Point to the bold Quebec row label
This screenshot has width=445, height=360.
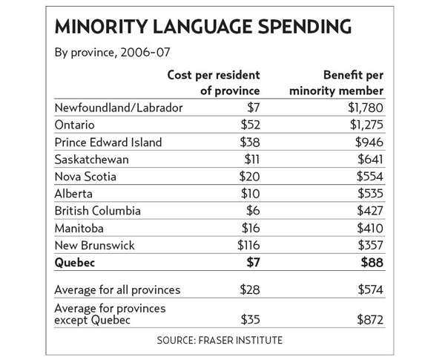click(x=77, y=262)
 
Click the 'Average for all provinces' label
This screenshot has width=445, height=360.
click(x=119, y=289)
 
